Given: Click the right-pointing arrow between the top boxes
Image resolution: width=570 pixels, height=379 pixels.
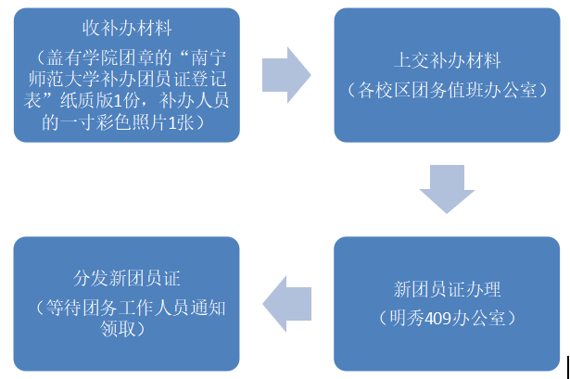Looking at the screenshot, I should click(286, 72).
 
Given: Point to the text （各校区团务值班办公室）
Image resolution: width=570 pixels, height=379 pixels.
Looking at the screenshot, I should click(448, 91).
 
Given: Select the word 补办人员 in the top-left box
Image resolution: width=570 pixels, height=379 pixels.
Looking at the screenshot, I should click(199, 100).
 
